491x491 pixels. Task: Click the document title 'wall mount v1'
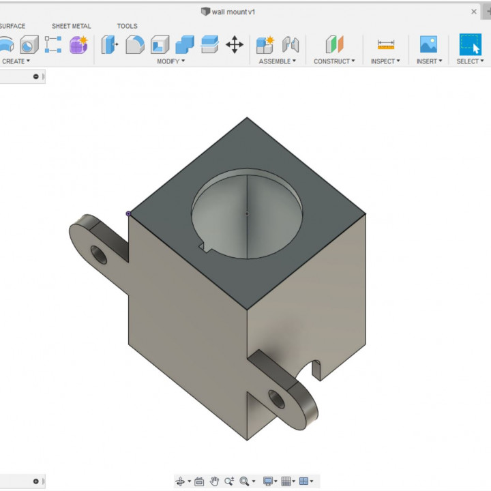click(x=233, y=12)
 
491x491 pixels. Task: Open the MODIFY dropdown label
click(x=170, y=61)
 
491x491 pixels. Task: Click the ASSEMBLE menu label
click(x=277, y=61)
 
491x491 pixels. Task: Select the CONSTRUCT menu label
click(x=333, y=61)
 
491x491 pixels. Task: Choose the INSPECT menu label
click(x=385, y=61)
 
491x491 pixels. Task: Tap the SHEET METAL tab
click(x=71, y=26)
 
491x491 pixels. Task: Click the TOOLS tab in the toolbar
click(x=127, y=26)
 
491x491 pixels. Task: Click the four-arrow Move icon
click(x=235, y=45)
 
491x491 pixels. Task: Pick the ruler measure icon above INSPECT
click(x=386, y=45)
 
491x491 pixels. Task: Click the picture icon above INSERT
click(x=428, y=45)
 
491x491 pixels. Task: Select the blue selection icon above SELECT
click(x=470, y=45)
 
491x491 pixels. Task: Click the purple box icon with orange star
click(x=78, y=45)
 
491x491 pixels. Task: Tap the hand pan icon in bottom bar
click(x=214, y=481)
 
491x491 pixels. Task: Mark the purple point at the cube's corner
click(x=128, y=213)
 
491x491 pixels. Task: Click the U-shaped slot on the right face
click(x=316, y=369)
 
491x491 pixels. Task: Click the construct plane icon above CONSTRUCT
click(x=334, y=45)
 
